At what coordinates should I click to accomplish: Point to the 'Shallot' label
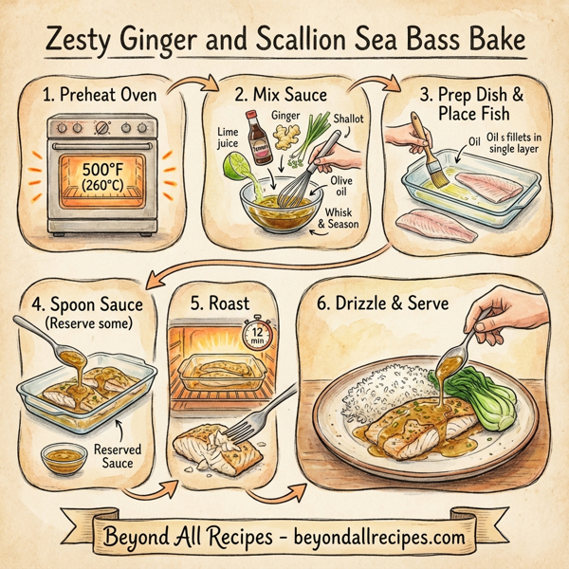pyautogui.click(x=337, y=120)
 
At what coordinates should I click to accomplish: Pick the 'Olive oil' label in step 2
pyautogui.click(x=344, y=189)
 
